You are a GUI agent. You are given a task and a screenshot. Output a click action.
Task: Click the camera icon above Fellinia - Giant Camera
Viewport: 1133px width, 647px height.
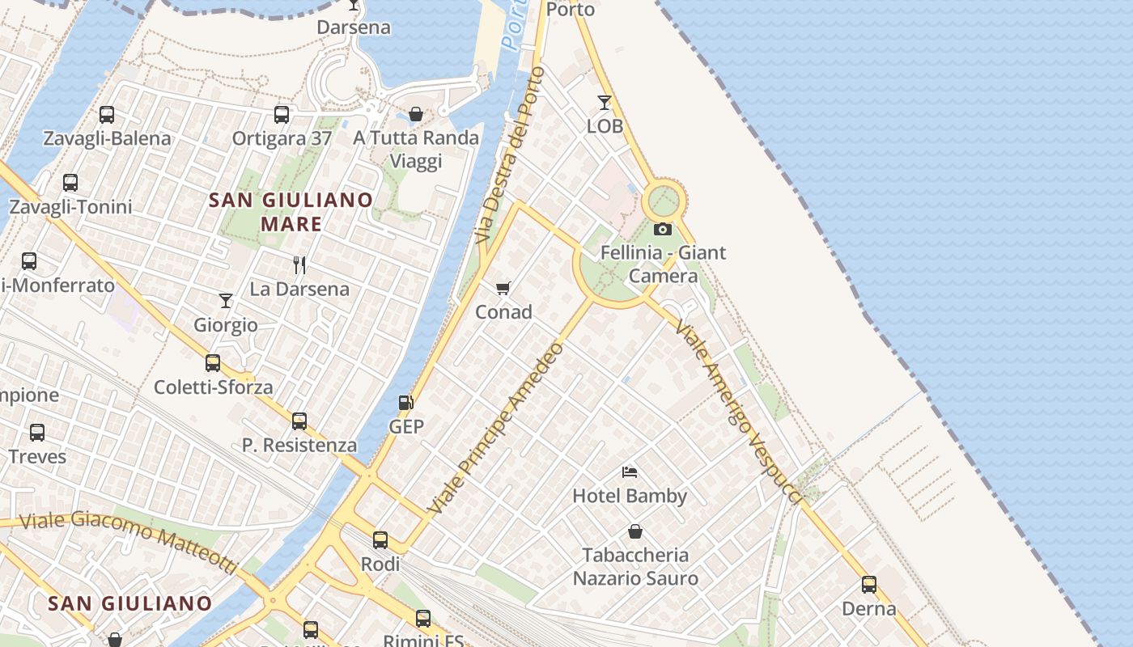coord(663,230)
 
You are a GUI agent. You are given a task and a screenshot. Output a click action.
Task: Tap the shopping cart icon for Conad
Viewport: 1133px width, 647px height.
coord(503,288)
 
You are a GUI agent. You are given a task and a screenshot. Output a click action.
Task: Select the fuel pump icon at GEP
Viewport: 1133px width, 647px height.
coord(405,403)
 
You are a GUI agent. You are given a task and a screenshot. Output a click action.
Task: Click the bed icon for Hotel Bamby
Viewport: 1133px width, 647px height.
coord(630,472)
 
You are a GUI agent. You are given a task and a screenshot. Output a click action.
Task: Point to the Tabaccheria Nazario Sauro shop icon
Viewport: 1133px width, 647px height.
coord(635,531)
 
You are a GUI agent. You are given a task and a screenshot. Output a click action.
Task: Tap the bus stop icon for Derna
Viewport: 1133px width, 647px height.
coord(869,585)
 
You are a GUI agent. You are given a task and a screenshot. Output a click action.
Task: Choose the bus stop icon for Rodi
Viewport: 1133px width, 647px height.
coord(380,540)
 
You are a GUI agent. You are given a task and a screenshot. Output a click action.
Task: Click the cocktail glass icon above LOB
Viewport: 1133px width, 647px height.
coord(605,103)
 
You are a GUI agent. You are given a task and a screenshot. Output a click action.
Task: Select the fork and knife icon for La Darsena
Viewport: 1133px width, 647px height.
coord(299,264)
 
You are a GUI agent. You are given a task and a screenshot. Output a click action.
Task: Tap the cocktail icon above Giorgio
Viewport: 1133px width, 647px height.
coord(226,301)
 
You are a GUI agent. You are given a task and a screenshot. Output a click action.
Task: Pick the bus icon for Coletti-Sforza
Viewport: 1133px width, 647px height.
coord(213,363)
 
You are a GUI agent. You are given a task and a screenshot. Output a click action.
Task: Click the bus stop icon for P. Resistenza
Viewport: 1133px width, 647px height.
coord(299,421)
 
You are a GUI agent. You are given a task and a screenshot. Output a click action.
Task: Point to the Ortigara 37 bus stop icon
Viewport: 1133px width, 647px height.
coord(282,115)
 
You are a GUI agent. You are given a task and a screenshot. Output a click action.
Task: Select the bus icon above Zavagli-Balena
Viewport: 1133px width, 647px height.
coord(107,115)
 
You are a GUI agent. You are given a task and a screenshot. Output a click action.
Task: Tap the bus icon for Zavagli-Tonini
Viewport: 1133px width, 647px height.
coord(70,183)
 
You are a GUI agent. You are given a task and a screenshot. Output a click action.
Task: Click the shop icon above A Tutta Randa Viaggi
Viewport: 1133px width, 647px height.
coord(416,114)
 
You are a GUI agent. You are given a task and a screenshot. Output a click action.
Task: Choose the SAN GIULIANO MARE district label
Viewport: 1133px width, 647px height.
coord(291,212)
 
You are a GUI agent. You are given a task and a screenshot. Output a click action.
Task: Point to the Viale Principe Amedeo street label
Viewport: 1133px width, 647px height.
coord(497,429)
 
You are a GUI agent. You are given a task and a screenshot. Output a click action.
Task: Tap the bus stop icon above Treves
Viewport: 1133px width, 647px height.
coord(37,433)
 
